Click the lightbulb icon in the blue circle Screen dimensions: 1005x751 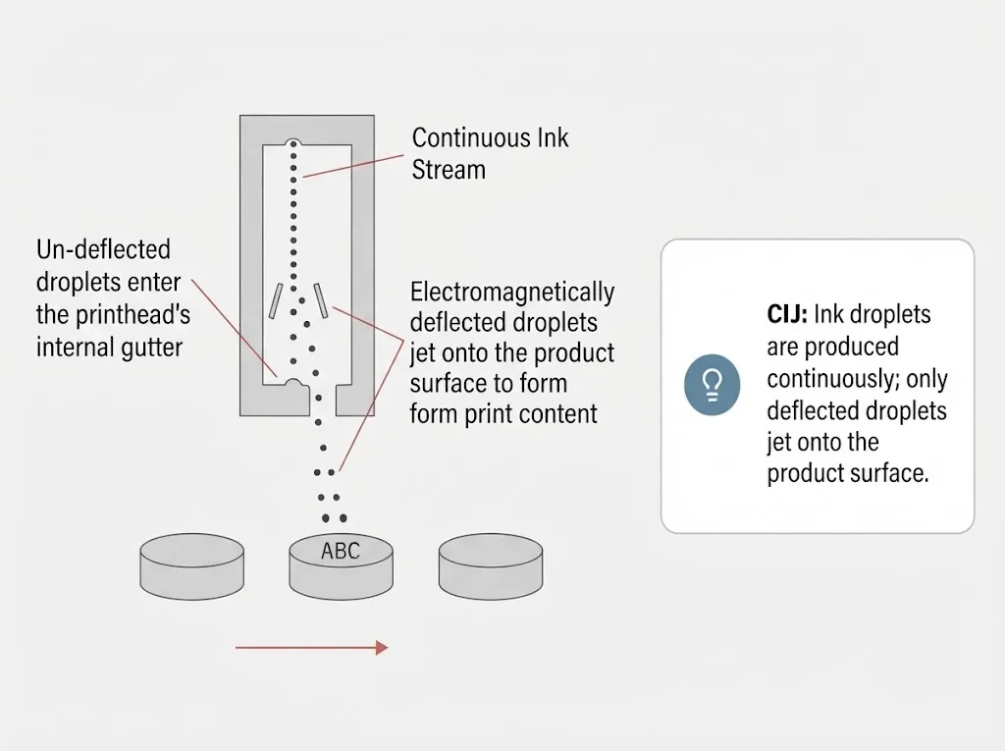pos(713,385)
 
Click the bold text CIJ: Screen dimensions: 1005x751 pos(787,315)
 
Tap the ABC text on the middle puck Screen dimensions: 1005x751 pos(341,551)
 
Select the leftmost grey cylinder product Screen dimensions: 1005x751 pos(191,565)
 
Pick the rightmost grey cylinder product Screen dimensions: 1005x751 pos(491,565)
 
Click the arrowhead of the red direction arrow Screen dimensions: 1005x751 pos(382,648)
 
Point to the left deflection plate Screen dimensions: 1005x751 pos(276,300)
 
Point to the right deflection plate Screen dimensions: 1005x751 pos(321,300)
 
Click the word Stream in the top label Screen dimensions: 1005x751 pos(449,170)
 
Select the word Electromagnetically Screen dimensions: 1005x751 pos(512,293)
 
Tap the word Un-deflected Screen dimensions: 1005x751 pos(103,249)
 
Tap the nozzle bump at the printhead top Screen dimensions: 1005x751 pos(293,142)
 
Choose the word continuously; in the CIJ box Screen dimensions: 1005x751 pos(833,379)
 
